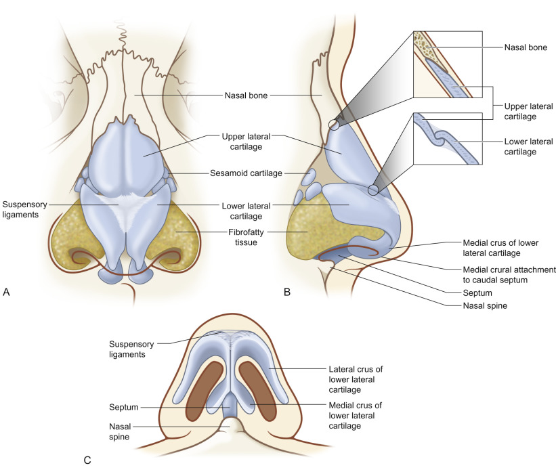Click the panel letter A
(x=7, y=292)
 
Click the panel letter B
(x=287, y=292)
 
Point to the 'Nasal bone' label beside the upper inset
(x=527, y=48)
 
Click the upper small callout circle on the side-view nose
(x=333, y=124)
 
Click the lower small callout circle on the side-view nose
(x=373, y=190)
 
